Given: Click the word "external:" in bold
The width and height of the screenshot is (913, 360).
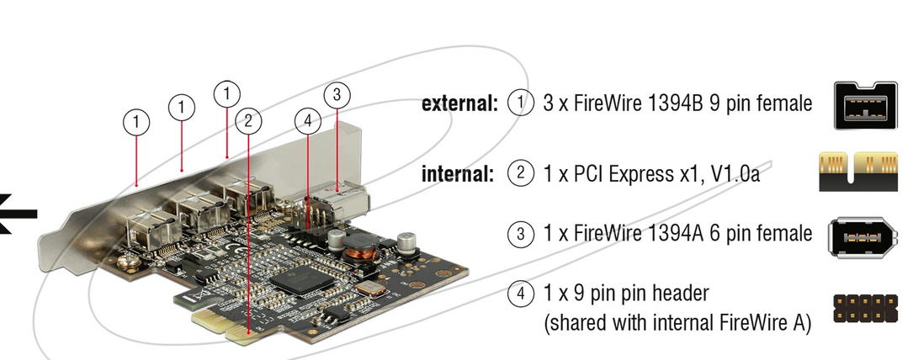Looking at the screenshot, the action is tap(459, 103).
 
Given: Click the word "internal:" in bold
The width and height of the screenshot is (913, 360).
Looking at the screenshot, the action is tap(458, 173).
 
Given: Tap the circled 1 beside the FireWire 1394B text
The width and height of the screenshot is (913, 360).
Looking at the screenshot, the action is tap(521, 103).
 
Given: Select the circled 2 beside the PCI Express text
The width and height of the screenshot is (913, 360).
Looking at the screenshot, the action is tap(521, 173).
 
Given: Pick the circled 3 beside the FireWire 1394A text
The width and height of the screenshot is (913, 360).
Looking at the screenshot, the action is tap(521, 234).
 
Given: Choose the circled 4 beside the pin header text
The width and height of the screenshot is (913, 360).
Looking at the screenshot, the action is tap(521, 294).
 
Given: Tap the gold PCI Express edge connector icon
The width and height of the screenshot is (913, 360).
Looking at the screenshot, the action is tap(857, 172).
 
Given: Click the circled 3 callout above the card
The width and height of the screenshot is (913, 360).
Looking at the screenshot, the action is tap(337, 94).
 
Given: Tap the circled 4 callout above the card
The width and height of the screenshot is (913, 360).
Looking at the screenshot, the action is tap(308, 121).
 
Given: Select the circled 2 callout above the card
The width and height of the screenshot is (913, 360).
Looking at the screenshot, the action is tap(248, 121).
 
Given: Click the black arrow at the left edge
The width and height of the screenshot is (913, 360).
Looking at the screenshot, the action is tap(18, 214).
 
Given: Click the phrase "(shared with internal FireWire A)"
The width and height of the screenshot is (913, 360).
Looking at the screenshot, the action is tap(677, 323).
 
